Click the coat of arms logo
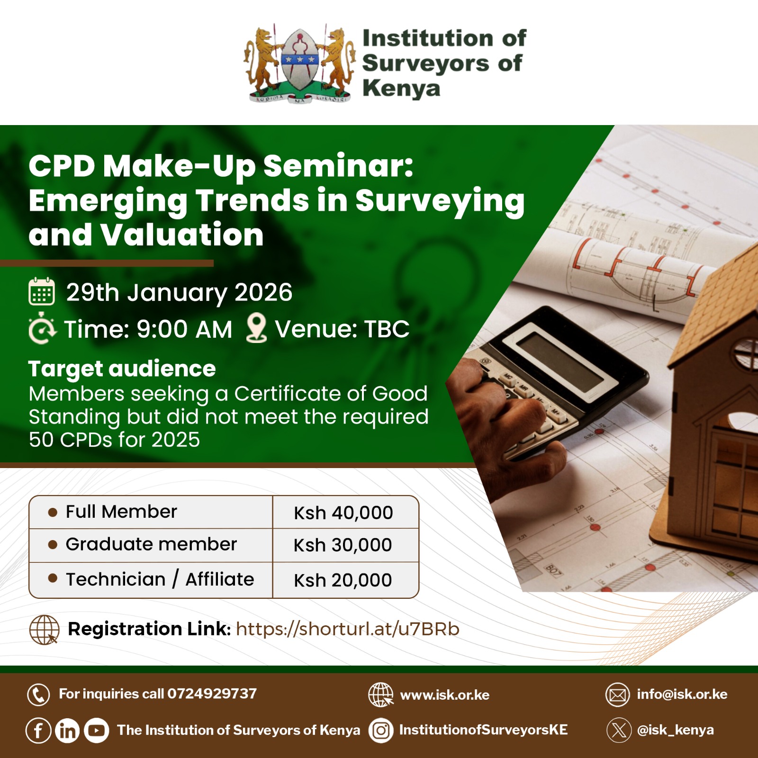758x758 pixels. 299,63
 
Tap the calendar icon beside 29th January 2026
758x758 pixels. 42,292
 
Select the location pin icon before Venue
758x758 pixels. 257,328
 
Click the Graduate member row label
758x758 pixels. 151,544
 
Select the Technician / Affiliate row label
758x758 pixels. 160,579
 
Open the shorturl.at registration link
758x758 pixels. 348,629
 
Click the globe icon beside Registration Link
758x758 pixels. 44,630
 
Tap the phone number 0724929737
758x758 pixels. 212,694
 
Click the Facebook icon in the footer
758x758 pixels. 38,731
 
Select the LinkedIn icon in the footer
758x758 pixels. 67,731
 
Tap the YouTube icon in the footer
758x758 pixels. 96,731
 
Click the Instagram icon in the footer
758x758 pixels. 381,731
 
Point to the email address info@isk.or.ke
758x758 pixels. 682,695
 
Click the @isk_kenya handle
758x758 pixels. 676,730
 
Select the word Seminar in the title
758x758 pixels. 338,166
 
